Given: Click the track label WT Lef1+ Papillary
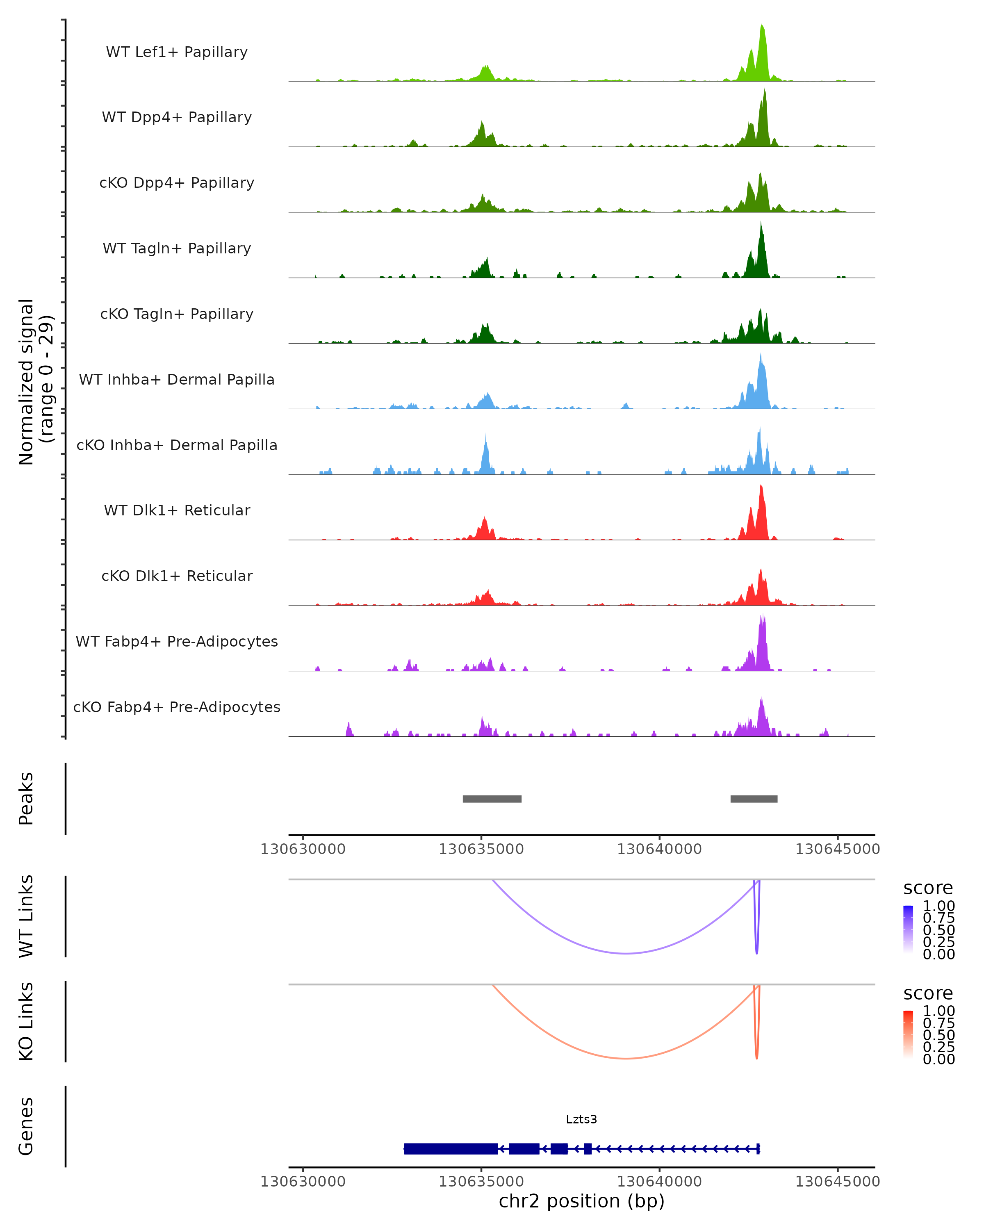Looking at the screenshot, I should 177,52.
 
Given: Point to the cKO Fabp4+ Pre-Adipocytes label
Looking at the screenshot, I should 177,707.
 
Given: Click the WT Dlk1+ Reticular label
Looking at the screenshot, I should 177,510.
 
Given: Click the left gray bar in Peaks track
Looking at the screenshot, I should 492,799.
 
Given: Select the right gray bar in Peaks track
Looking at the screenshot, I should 754,799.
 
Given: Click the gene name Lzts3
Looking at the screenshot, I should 581,1119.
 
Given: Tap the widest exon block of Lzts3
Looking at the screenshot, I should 451,1148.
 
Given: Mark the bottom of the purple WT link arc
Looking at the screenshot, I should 626,953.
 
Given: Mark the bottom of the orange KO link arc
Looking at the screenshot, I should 626,1058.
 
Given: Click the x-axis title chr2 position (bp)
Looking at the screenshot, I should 581,1201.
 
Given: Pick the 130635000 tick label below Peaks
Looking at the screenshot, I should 481,849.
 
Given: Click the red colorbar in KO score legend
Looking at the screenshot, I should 908,1034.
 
